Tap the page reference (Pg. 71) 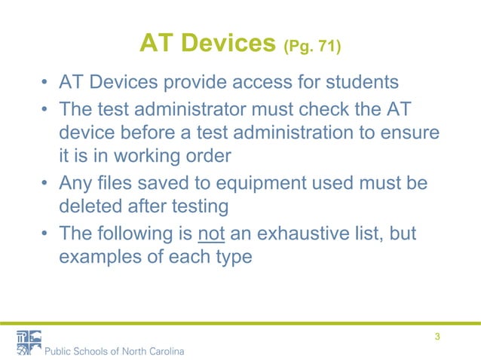click(x=312, y=49)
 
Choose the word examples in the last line click(x=97, y=257)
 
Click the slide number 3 click(x=437, y=337)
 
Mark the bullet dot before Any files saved click(x=46, y=185)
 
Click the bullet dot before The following click(x=46, y=235)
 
